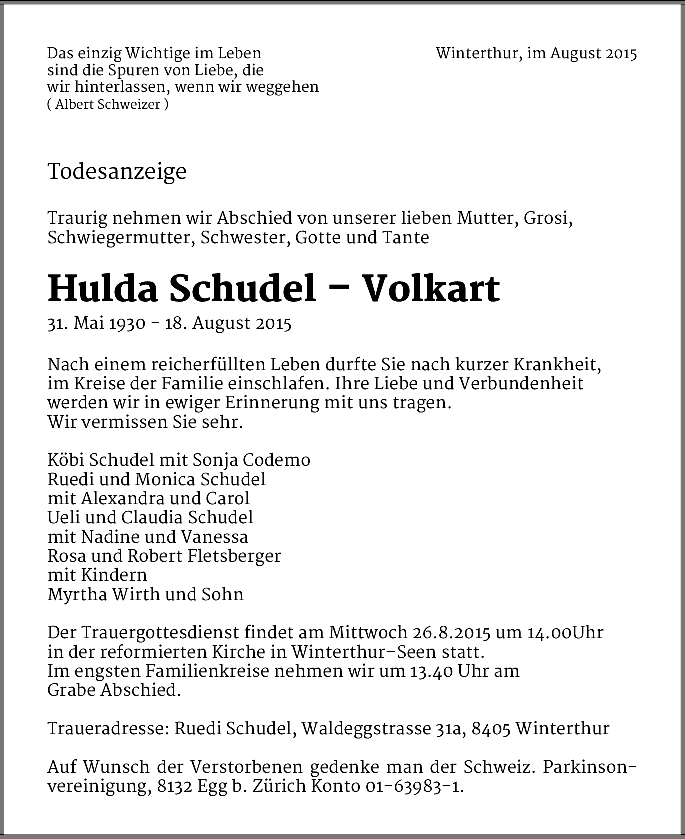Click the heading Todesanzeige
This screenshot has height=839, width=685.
[x=117, y=172]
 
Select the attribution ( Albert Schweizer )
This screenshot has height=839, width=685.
[x=108, y=104]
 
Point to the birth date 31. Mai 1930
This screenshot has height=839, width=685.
[x=96, y=324]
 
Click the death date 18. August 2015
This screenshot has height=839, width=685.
[x=228, y=324]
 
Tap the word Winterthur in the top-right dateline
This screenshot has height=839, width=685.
[x=477, y=53]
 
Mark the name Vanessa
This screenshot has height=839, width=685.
[x=214, y=537]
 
